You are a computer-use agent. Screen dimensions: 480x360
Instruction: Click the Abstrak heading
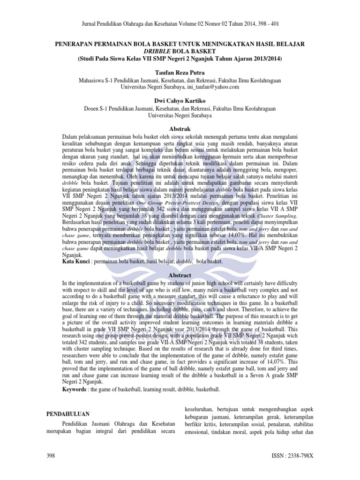coord(180,129)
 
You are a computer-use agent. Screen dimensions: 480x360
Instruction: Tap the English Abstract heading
coord(180,275)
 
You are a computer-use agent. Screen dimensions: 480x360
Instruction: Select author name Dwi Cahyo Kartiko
coord(180,100)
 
